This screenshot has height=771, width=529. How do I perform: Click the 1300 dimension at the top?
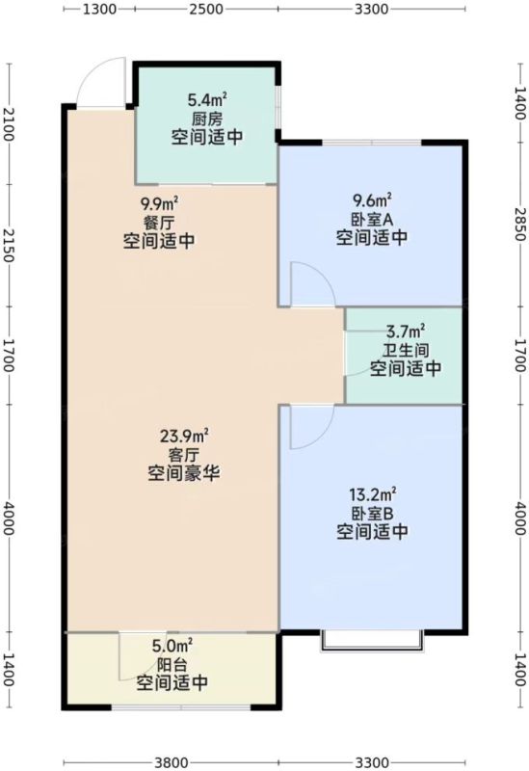tap(99, 9)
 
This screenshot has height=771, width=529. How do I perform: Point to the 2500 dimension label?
tap(206, 9)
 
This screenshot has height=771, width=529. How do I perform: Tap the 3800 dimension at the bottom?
tap(171, 762)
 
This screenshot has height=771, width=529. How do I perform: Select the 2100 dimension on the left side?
tap(9, 124)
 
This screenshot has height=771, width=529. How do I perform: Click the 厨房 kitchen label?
tap(207, 119)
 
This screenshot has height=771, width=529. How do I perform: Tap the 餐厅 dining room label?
tap(159, 223)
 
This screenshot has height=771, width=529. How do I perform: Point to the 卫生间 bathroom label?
tap(406, 350)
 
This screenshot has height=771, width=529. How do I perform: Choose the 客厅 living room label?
tap(183, 455)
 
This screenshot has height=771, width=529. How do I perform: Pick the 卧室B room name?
tap(372, 514)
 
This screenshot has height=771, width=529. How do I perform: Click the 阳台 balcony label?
tap(172, 665)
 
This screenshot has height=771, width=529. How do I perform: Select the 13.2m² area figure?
tap(373, 493)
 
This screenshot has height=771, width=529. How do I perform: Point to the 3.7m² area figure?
tap(407, 331)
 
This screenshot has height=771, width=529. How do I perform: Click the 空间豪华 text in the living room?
tap(183, 473)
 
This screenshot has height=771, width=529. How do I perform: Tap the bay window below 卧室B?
tap(372, 641)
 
